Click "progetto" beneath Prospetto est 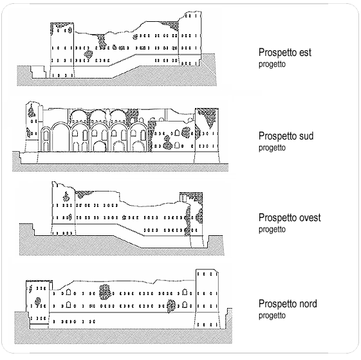(x=272, y=64)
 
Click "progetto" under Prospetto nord (x=272, y=316)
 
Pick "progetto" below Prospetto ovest (x=272, y=230)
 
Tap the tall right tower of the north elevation (x=207, y=299)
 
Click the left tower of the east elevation (x=62, y=50)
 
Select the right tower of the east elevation (x=190, y=39)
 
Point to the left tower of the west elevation (x=63, y=208)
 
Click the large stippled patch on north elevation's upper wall (x=105, y=292)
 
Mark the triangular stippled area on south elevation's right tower (x=207, y=117)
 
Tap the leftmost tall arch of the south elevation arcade (x=60, y=137)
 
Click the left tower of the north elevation (x=37, y=304)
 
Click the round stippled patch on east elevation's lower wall (x=88, y=54)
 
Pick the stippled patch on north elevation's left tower (x=37, y=301)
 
